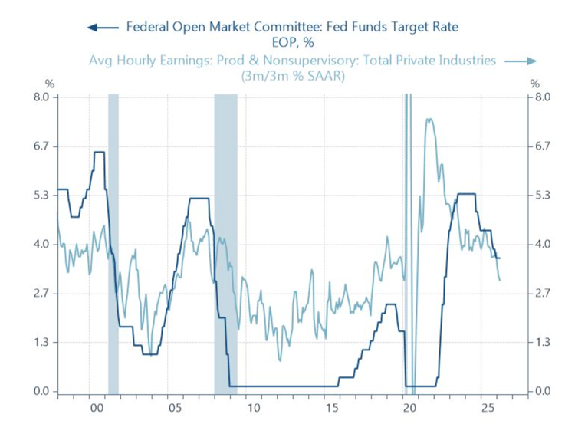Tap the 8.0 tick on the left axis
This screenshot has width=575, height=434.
coord(40,97)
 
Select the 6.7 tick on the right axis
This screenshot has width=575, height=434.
coord(543,146)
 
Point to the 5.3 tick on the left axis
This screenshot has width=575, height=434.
coord(40,196)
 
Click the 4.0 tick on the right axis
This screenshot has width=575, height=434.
coord(543,245)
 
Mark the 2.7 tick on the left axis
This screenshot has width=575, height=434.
coord(40,294)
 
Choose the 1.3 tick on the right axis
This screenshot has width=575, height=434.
coord(543,343)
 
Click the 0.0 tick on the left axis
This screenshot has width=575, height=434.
coord(40,392)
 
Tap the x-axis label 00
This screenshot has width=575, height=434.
coord(96,408)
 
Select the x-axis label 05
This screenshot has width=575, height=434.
coord(174,408)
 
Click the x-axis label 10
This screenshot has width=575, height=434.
coord(253,408)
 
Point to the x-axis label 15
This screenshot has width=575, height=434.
coord(331,408)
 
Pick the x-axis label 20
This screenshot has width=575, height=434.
coord(409,408)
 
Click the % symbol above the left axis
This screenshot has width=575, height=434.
coord(50,83)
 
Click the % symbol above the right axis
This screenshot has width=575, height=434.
coord(534,83)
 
